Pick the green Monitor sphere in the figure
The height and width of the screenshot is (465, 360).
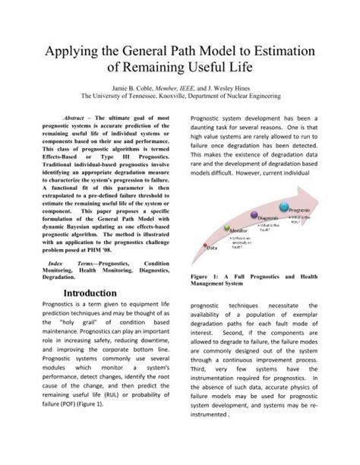227,230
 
